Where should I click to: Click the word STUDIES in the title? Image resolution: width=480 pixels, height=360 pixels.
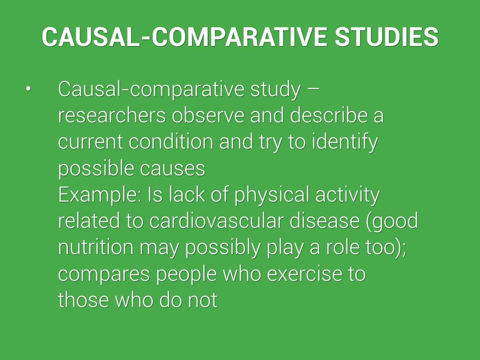click(387, 37)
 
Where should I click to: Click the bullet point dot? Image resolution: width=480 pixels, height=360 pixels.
click(29, 89)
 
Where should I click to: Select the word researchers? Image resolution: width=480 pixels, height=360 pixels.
click(112, 115)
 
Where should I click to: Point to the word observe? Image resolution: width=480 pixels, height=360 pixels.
click(208, 115)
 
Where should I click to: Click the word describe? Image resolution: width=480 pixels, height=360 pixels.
click(329, 115)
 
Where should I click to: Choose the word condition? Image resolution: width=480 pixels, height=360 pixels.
click(171, 142)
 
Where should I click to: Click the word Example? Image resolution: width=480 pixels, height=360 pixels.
click(100, 195)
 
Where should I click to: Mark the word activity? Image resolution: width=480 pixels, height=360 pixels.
click(347, 195)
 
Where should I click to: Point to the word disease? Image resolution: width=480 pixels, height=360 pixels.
click(324, 221)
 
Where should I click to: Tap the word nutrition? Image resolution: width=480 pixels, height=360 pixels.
click(96, 247)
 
